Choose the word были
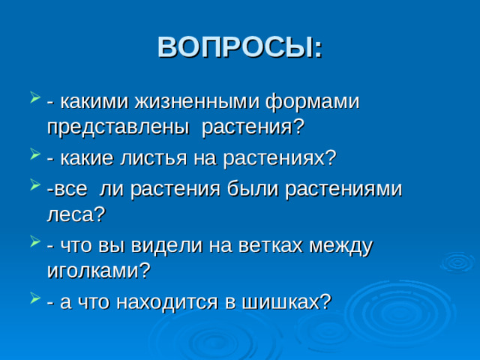click(x=253, y=190)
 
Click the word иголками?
click(x=98, y=271)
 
